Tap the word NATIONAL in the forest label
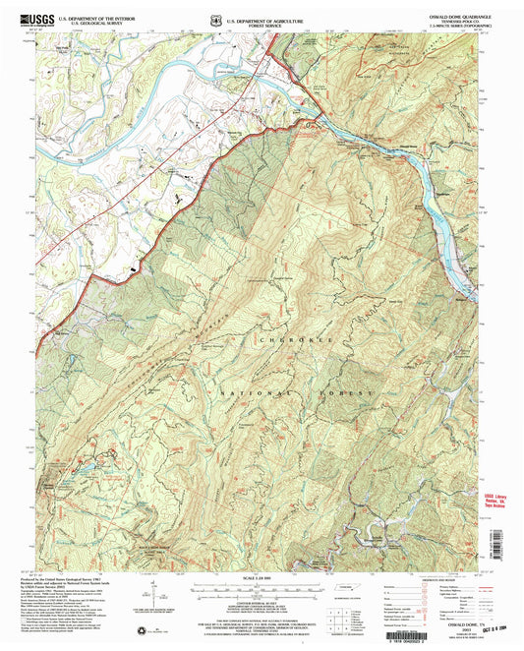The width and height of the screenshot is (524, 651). point(234,391)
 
